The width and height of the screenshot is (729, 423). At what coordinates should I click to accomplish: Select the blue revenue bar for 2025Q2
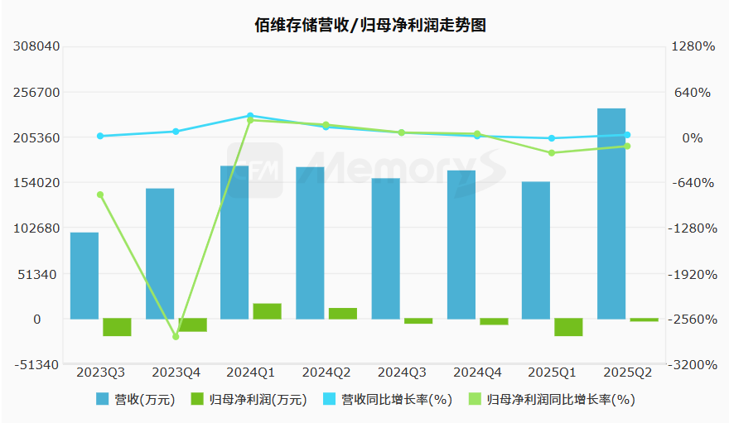click(611, 214)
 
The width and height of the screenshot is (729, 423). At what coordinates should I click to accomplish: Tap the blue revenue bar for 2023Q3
click(84, 276)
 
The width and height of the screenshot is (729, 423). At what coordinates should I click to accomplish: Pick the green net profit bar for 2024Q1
click(268, 311)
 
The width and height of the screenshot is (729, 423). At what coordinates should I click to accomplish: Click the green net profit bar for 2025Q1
click(568, 327)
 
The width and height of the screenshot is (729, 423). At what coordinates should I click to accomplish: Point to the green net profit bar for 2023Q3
click(117, 327)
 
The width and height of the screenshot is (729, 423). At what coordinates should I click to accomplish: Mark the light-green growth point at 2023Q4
click(176, 337)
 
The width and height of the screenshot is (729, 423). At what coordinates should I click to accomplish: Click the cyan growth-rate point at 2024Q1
click(251, 116)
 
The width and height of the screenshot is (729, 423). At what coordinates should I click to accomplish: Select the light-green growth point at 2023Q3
click(100, 195)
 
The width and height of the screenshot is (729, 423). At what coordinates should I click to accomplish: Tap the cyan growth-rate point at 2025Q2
click(627, 135)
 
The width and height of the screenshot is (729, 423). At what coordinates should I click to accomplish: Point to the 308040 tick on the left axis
click(37, 47)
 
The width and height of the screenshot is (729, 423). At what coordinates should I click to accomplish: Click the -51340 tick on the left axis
click(37, 365)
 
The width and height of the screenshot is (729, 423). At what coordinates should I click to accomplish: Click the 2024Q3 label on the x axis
click(402, 373)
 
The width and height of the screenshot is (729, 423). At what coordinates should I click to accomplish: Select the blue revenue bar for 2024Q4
click(461, 244)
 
